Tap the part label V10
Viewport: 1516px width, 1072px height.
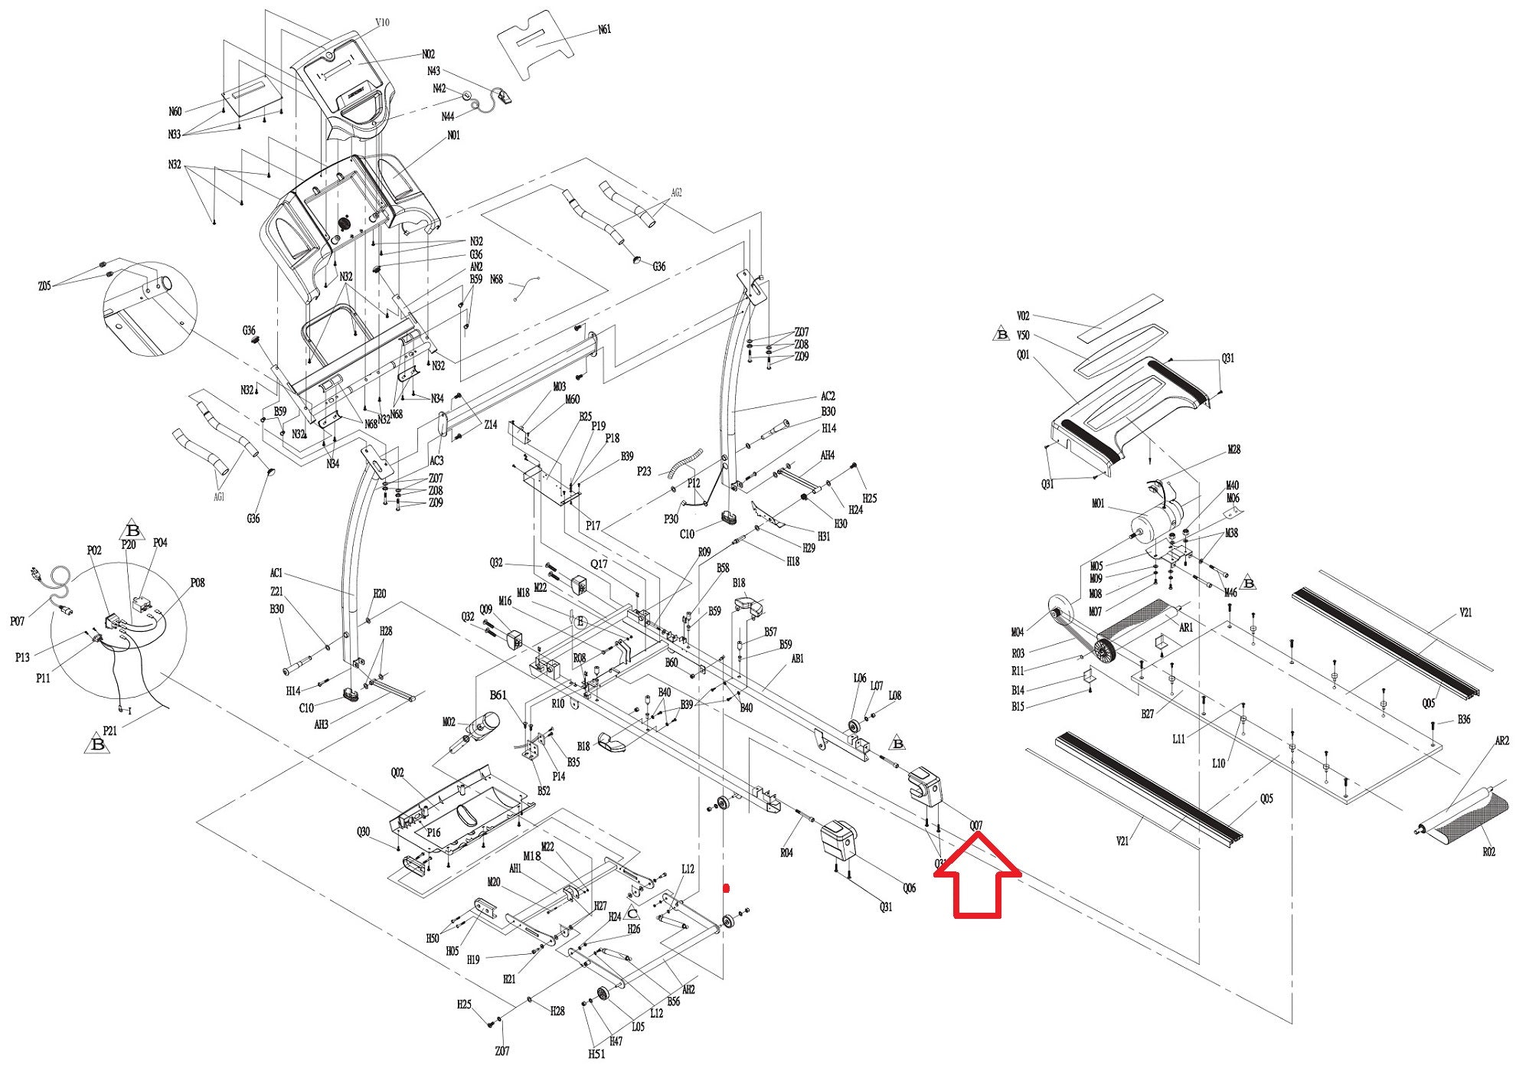pos(382,22)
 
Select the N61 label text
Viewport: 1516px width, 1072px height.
pos(604,30)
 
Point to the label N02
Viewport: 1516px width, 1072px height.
pos(428,54)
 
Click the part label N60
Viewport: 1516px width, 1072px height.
pos(175,112)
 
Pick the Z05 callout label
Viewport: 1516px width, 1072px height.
pos(44,286)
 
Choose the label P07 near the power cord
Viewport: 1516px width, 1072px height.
pos(17,621)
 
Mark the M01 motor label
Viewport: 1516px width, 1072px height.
pos(1098,504)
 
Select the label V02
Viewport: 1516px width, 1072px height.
pos(1023,315)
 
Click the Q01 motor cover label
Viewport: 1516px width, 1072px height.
pos(1023,355)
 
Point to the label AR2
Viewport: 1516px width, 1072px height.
pos(1501,741)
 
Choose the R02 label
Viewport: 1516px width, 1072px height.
pos(1488,851)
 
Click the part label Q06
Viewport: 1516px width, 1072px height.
pos(909,888)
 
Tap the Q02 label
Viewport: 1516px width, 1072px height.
pos(397,773)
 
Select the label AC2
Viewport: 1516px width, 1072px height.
pos(828,397)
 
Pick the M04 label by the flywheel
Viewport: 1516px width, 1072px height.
pos(1017,632)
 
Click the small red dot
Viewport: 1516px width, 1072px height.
pos(727,888)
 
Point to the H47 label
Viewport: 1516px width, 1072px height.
pos(616,1041)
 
